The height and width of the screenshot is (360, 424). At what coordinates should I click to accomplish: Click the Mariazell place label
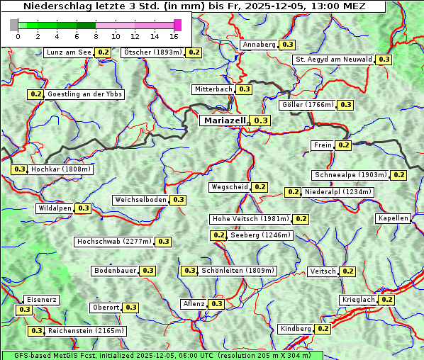tap(224, 120)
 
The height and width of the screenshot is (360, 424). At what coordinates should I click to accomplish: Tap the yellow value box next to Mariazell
tap(261, 121)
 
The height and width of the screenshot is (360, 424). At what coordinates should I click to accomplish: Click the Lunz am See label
tap(68, 52)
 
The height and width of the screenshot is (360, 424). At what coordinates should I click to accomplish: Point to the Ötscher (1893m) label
tap(152, 52)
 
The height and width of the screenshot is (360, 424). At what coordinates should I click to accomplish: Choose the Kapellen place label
tap(393, 218)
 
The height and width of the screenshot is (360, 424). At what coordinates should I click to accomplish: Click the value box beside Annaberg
tap(286, 45)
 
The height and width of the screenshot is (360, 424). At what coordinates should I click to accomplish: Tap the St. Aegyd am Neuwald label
tap(333, 60)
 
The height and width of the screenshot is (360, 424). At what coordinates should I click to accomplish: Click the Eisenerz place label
tap(41, 300)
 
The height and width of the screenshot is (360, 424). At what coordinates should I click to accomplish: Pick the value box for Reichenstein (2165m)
tap(37, 331)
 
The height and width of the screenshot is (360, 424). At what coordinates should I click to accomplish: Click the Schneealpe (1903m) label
tap(350, 175)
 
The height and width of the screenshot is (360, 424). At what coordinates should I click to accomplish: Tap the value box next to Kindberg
tap(323, 329)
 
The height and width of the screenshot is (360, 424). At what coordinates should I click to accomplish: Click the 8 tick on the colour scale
tap(96, 35)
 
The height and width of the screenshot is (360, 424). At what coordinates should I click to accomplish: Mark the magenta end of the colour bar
tap(177, 25)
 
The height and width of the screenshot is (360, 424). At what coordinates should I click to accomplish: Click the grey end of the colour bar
tap(14, 25)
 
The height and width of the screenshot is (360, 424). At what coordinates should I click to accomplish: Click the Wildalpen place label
tap(55, 208)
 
